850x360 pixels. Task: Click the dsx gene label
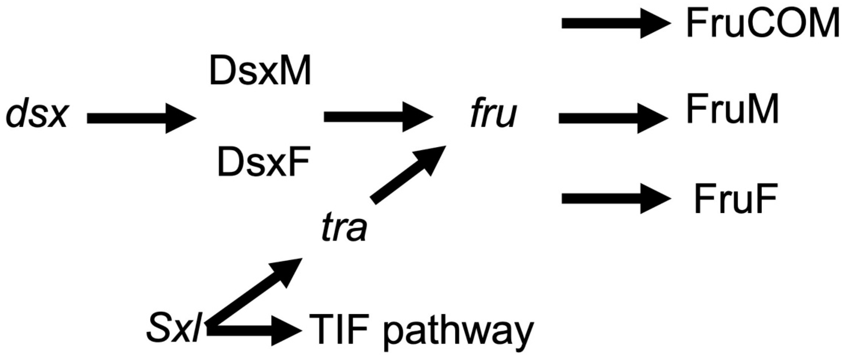pyautogui.click(x=37, y=116)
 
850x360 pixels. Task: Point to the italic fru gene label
pyautogui.click(x=493, y=116)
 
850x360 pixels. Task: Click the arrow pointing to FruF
pyautogui.click(x=616, y=199)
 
